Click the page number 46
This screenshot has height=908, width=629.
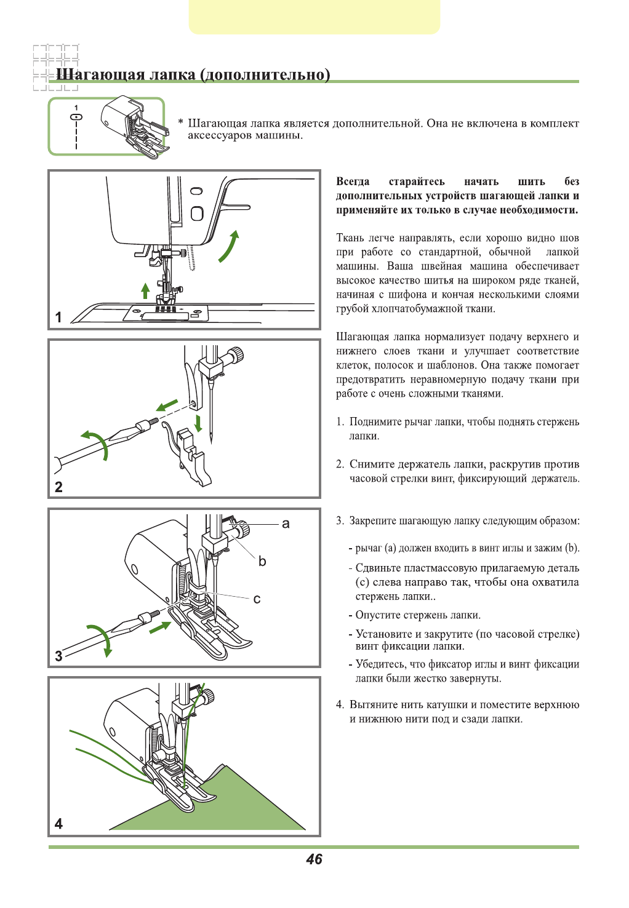pyautogui.click(x=314, y=859)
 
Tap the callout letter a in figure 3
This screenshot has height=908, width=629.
pyautogui.click(x=286, y=524)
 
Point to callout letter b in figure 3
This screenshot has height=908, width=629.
pyautogui.click(x=262, y=561)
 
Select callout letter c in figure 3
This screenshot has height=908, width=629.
pyautogui.click(x=257, y=599)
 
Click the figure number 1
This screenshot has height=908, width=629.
pyautogui.click(x=58, y=317)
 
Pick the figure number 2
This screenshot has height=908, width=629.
pyautogui.click(x=58, y=487)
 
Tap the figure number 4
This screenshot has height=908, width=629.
pyautogui.click(x=58, y=824)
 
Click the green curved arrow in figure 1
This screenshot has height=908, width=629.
pyautogui.click(x=229, y=246)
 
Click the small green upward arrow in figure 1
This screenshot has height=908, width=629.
pyautogui.click(x=145, y=290)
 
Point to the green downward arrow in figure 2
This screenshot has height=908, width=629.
pyautogui.click(x=198, y=423)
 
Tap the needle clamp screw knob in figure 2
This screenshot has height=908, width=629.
pyautogui.click(x=235, y=355)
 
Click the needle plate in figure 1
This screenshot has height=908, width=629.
pyautogui.click(x=166, y=314)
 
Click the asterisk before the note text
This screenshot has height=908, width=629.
pyautogui.click(x=180, y=123)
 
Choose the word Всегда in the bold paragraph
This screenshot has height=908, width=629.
pyautogui.click(x=353, y=181)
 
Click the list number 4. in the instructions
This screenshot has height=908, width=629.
pyautogui.click(x=340, y=705)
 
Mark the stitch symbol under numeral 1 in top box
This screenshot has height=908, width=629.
pyautogui.click(x=76, y=116)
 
